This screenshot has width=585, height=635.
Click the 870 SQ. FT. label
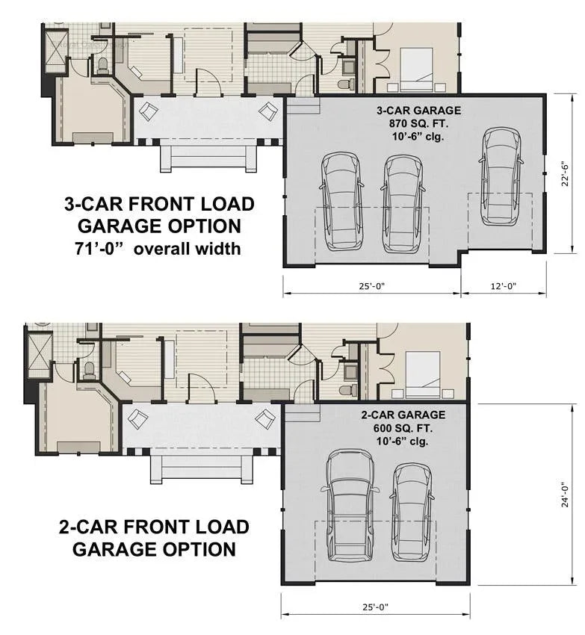click(418, 123)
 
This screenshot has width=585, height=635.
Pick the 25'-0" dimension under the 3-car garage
click(371, 286)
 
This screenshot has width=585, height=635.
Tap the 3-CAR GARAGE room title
click(418, 111)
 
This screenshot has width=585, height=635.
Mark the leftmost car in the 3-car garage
click(341, 201)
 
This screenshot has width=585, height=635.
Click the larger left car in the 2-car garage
click(349, 506)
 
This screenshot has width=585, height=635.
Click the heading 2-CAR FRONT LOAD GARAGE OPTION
click(154, 538)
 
